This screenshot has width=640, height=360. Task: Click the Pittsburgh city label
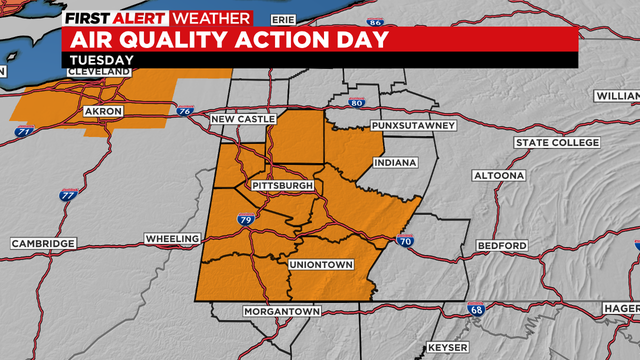pos(282,186)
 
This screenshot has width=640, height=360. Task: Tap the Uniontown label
pos(319,264)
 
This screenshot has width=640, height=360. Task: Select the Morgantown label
pos(282,312)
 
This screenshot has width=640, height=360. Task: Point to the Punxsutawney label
pos(415,125)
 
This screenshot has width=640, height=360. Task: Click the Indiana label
pos(394,162)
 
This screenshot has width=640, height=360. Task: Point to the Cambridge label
pos(44,244)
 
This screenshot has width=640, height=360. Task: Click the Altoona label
pos(499,176)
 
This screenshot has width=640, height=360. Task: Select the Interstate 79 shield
pos(245,219)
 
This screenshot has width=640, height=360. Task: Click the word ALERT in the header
pos(141,18)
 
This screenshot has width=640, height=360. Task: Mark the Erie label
pos(284,19)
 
